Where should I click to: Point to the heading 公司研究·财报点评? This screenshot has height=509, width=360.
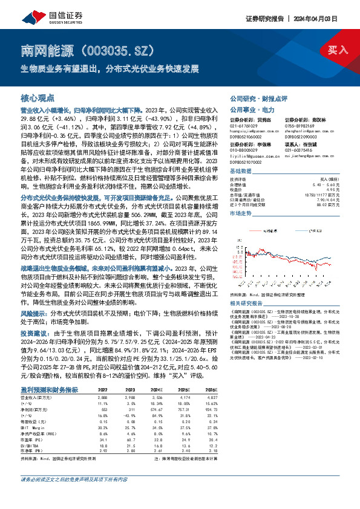pyautogui.click(x=254, y=97)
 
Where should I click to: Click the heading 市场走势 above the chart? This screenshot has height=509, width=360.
pyautogui.click(x=241, y=213)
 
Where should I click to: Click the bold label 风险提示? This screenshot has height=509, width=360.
pyautogui.click(x=34, y=313)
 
